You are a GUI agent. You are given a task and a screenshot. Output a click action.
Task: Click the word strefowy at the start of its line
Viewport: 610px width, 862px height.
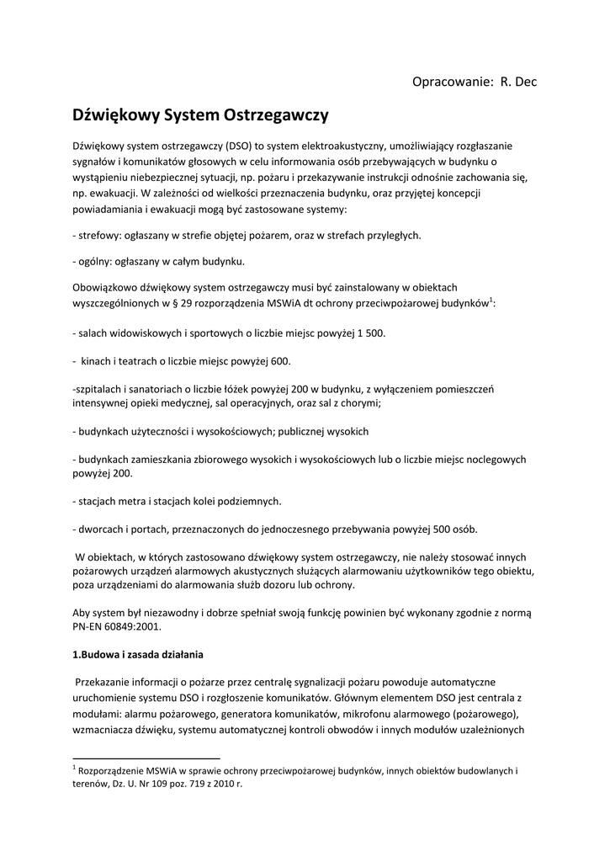click(98, 235)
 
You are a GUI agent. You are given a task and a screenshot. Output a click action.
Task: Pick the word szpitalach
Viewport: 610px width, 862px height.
click(100, 389)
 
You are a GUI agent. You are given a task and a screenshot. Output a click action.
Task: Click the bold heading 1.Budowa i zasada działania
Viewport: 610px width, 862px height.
click(137, 654)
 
